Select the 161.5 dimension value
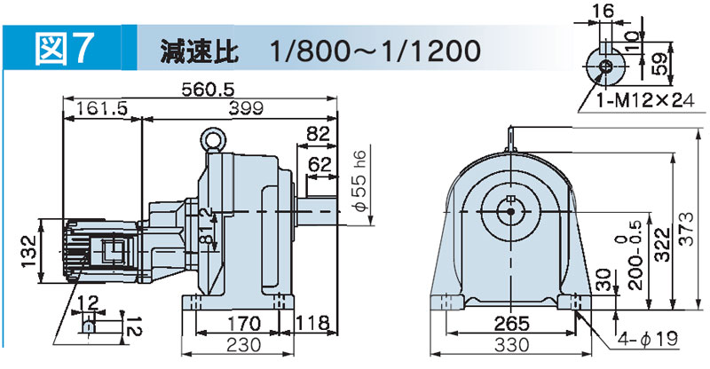coord(102,109)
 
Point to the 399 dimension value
coord(246,109)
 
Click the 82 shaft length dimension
coord(319,135)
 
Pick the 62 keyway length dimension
coord(319,164)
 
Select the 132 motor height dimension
coord(29,252)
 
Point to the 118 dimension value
coord(312,323)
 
